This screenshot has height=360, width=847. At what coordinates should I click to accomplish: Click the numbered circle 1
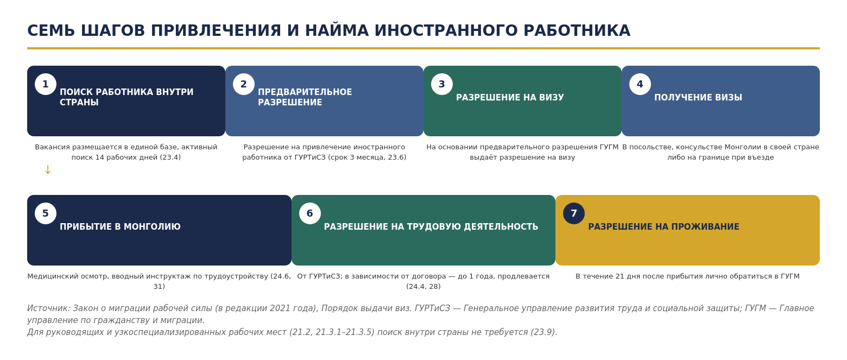click(46, 84)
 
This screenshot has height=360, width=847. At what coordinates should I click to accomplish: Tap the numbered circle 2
click(243, 84)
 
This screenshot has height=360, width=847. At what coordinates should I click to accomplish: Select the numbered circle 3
click(441, 84)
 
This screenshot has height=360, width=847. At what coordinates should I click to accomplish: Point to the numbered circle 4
click(640, 84)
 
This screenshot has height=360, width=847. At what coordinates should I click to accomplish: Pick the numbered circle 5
click(46, 213)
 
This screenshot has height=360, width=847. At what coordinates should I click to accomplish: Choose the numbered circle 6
click(309, 213)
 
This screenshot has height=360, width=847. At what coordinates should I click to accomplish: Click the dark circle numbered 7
click(573, 213)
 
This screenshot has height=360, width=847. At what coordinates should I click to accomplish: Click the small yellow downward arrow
click(48, 170)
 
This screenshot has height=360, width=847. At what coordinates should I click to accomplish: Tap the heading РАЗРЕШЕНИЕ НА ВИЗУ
click(510, 98)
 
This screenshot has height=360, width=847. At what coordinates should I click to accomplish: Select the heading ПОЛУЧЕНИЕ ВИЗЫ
click(698, 98)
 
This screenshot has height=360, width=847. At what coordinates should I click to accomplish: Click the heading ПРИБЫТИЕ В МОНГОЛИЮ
click(120, 227)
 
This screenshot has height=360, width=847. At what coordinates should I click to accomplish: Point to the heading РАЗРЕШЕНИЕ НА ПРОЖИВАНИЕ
click(663, 227)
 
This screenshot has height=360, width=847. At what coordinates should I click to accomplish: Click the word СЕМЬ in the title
click(51, 31)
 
